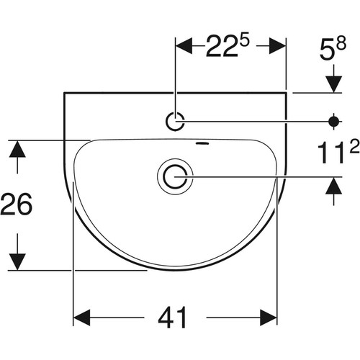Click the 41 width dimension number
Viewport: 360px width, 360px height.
click(172, 318)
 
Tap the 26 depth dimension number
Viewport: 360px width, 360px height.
click(17, 204)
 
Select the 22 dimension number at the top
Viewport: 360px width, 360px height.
click(222, 46)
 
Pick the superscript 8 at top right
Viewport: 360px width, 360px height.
click(341, 44)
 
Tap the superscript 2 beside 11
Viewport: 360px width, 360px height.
click(355, 147)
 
